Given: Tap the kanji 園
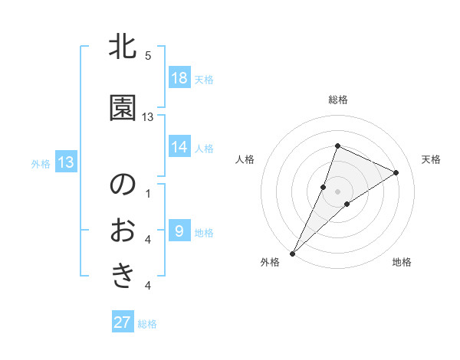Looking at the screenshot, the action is (123, 109).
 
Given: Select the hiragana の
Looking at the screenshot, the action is (123, 185).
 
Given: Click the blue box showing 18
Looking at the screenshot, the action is (179, 79).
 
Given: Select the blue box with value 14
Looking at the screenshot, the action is (179, 148).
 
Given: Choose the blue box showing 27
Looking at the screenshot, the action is (123, 322).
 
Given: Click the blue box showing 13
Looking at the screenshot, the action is (66, 162).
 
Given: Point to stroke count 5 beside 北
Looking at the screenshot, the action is (148, 56).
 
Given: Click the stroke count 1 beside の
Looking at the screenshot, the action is (148, 193).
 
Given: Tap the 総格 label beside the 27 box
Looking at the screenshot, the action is (147, 324).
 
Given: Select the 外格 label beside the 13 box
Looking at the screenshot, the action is (41, 163).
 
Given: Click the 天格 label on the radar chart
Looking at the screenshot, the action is (431, 159).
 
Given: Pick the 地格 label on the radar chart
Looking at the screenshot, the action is (402, 263).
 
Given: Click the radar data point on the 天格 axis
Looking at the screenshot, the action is (396, 173).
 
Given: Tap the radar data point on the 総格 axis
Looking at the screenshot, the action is (337, 146).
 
